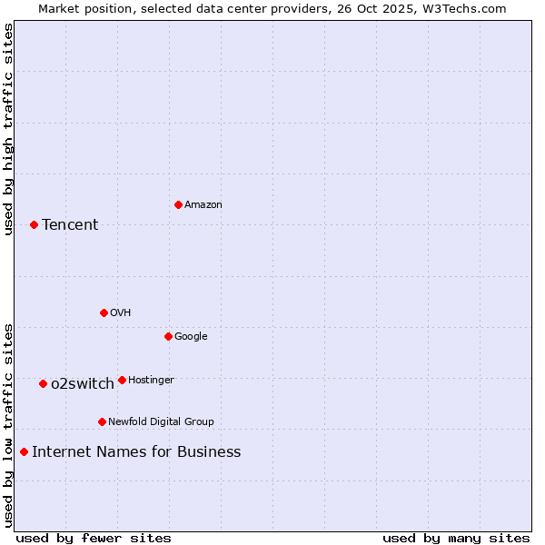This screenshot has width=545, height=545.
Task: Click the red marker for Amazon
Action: (x=178, y=204)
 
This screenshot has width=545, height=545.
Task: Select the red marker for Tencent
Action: (x=34, y=224)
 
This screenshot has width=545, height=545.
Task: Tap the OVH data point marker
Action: (x=104, y=312)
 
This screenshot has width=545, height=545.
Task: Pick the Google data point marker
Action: (x=168, y=336)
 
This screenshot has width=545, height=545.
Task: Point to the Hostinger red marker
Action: (x=122, y=380)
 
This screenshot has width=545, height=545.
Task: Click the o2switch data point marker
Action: (x=43, y=383)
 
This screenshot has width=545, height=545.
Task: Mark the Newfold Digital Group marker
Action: (x=102, y=421)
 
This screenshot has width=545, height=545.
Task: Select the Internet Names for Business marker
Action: (x=24, y=451)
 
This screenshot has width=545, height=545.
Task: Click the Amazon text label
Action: (x=203, y=204)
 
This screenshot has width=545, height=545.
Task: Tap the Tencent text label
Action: (x=70, y=224)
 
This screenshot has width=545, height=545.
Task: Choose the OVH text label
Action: (x=121, y=312)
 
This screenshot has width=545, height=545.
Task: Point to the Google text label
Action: (x=191, y=336)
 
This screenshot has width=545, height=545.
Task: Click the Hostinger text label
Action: (x=151, y=380)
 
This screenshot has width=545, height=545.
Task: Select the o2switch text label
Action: (x=83, y=383)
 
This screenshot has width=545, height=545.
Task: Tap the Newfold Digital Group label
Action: (x=161, y=421)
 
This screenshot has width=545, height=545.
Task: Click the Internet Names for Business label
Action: (x=136, y=451)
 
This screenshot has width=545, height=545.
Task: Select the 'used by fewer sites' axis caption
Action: (x=94, y=538)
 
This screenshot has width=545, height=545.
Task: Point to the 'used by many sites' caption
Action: (x=456, y=538)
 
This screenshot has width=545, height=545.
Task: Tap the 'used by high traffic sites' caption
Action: (x=8, y=129)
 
